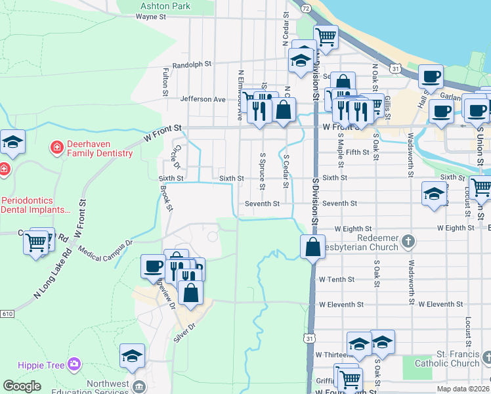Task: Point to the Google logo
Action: [22, 386]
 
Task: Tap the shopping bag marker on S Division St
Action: [312, 248]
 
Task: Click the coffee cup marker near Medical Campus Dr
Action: [153, 266]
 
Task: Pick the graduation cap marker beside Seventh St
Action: [433, 194]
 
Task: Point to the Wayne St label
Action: [150, 17]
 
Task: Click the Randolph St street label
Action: [192, 65]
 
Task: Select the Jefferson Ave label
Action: [202, 99]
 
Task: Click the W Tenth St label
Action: [336, 279]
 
